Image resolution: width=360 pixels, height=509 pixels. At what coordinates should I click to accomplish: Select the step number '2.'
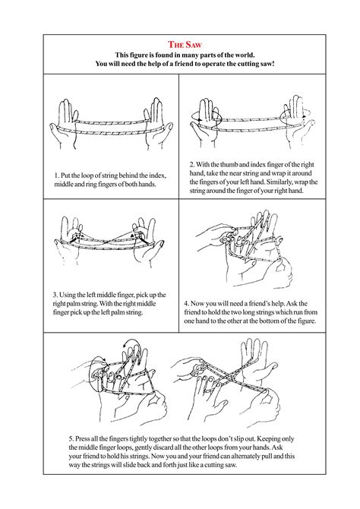click(192, 164)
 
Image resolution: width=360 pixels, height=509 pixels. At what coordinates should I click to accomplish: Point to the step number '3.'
click(57, 294)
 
